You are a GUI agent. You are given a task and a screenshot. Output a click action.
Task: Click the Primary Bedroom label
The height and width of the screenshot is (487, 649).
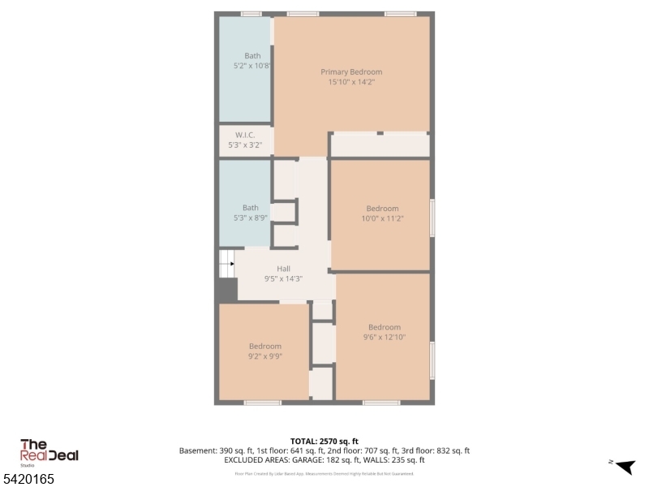(351, 71)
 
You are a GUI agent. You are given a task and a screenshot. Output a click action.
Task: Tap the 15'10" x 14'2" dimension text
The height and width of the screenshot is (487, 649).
(351, 81)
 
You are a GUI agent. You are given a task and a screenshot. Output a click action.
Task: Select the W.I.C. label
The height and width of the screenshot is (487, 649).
(245, 135)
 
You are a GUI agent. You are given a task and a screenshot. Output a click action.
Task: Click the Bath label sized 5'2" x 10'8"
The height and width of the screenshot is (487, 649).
(253, 55)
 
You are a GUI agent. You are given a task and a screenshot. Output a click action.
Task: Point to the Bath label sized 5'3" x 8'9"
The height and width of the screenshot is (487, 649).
(251, 208)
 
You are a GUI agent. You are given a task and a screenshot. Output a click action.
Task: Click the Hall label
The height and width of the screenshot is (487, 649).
(283, 269)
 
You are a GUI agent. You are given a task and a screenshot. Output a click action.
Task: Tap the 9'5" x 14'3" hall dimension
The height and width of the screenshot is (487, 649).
(283, 278)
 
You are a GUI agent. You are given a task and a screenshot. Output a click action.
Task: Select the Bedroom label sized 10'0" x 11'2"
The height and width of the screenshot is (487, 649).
(382, 209)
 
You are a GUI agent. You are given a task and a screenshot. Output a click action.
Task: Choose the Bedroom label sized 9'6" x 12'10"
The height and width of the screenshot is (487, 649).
(385, 327)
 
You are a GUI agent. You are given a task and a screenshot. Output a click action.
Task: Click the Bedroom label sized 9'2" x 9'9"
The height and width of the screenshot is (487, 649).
(265, 346)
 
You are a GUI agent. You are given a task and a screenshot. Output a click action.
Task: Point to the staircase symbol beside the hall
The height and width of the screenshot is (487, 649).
(226, 264)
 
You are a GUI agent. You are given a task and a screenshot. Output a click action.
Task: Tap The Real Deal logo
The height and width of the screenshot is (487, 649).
(49, 451)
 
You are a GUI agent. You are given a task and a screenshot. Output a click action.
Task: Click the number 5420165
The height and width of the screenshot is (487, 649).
(28, 479)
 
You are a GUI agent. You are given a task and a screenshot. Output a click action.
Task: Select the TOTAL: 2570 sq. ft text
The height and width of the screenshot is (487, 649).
(324, 441)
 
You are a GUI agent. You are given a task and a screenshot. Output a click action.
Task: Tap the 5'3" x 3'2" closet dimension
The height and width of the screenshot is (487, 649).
(245, 144)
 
